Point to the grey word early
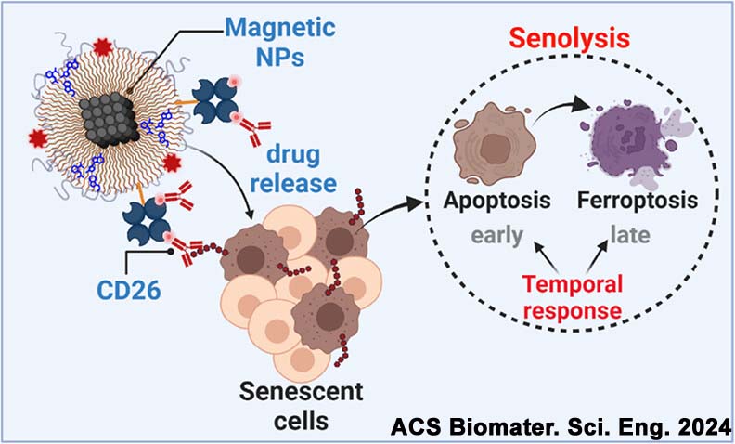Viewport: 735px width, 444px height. [487, 235]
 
